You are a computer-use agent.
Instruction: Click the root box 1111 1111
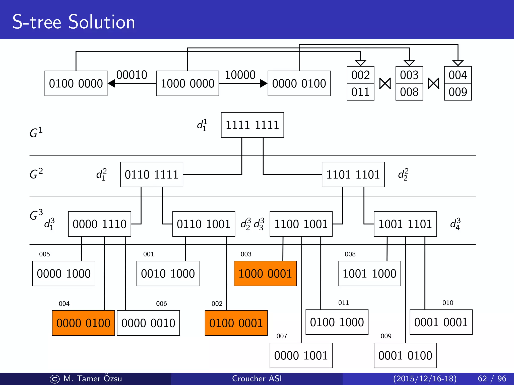click(252, 125)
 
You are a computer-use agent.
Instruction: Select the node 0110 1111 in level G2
click(152, 174)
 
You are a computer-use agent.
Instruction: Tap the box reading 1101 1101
click(353, 174)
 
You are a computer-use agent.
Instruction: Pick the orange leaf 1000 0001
click(265, 273)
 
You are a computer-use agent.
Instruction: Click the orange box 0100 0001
click(236, 323)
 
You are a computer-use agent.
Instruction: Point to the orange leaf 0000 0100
click(83, 323)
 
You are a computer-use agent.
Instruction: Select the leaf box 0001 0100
click(405, 355)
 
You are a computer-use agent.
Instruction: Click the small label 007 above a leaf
click(282, 336)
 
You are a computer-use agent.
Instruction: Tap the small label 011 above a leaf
click(344, 303)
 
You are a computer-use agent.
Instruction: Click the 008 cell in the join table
click(409, 92)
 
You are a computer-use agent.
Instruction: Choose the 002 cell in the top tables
click(360, 75)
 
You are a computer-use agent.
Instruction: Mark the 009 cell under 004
click(458, 92)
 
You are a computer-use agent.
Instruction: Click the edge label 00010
click(132, 75)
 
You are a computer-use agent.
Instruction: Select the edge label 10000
click(240, 75)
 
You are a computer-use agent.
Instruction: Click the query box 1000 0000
click(187, 83)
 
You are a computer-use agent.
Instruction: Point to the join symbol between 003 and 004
click(433, 83)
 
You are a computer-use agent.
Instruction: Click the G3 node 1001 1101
click(405, 224)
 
